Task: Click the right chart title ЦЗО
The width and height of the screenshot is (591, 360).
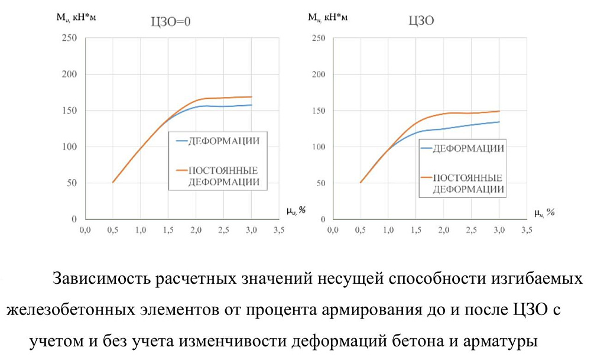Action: [x=423, y=21]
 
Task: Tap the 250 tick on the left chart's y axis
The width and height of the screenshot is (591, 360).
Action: [x=70, y=38]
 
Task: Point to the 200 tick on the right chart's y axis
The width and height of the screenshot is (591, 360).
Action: [x=318, y=74]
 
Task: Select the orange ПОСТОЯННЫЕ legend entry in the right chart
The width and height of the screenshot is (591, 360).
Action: [x=469, y=177]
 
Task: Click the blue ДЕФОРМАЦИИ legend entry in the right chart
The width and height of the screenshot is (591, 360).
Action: [x=469, y=148]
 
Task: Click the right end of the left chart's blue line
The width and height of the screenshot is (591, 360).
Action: [x=252, y=105]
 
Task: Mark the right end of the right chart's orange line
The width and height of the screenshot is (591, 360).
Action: [x=499, y=111]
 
